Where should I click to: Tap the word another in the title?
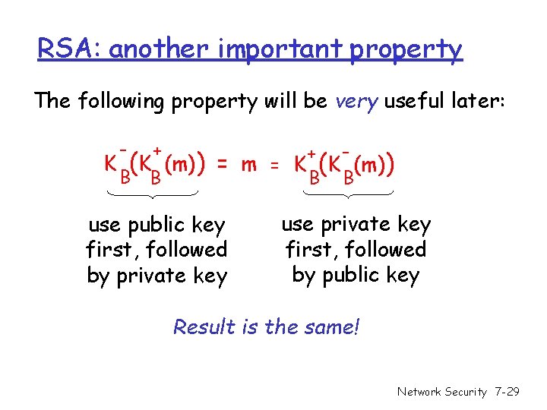pyautogui.click(x=160, y=49)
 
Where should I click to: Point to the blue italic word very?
pyautogui.click(x=357, y=101)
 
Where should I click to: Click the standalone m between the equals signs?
pyautogui.click(x=248, y=164)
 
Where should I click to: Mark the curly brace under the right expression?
pyautogui.click(x=347, y=197)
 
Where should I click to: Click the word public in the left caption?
pyautogui.click(x=157, y=225)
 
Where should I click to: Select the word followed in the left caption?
pyautogui.click(x=185, y=249)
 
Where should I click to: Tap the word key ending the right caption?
pyautogui.click(x=401, y=275)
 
